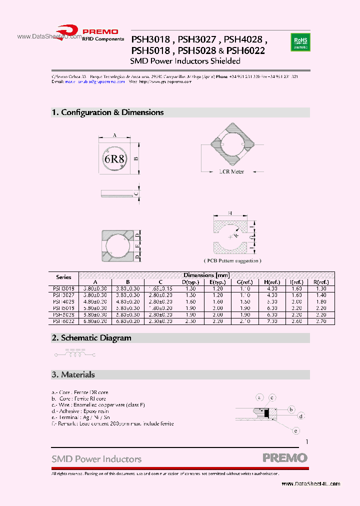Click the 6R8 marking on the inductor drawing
click(x=115, y=159)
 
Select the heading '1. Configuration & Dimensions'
click(x=107, y=112)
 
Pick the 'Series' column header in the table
click(x=63, y=277)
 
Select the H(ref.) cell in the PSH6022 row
click(x=271, y=321)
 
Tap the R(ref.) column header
click(x=321, y=282)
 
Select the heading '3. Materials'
click(x=73, y=374)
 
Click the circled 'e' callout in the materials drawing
click(x=296, y=430)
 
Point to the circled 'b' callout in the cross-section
click(x=291, y=409)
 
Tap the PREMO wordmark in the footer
click(x=285, y=457)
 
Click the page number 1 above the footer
click(x=307, y=441)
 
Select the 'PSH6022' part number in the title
click(x=245, y=50)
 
